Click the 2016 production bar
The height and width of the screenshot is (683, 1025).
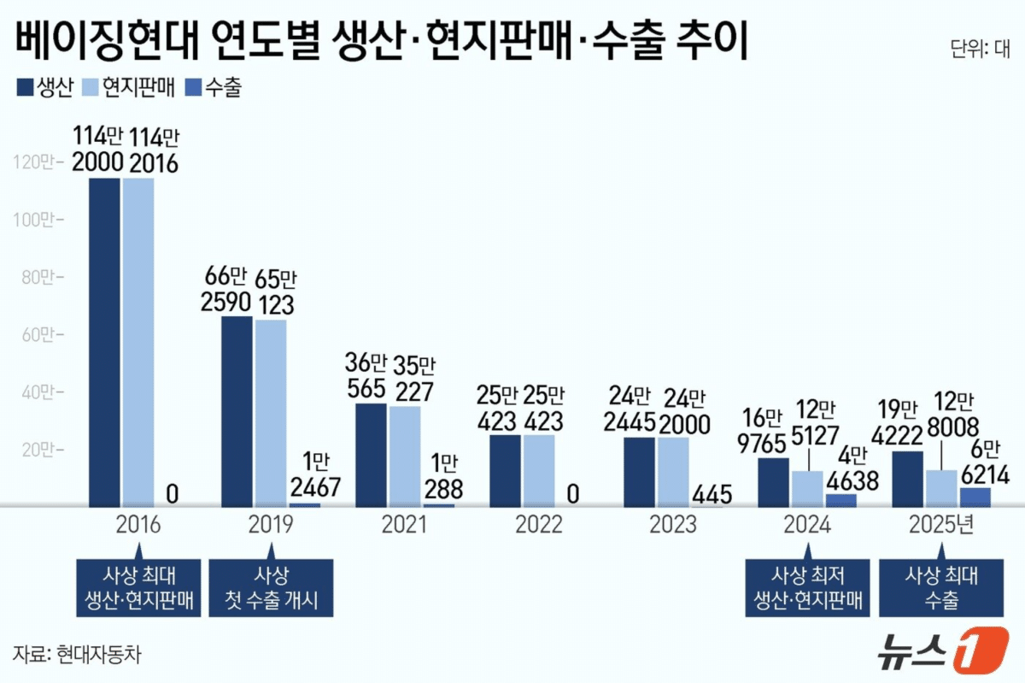pos(105,342)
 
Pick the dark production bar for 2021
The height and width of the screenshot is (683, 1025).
pos(371,454)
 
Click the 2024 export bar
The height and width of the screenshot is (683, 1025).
pos(841,499)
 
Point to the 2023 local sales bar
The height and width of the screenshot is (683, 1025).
pos(673,471)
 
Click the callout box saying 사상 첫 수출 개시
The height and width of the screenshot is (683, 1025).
pos(271,587)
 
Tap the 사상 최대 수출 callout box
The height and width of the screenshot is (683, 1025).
pos(940,587)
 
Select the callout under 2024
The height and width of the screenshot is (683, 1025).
pos(807,587)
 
